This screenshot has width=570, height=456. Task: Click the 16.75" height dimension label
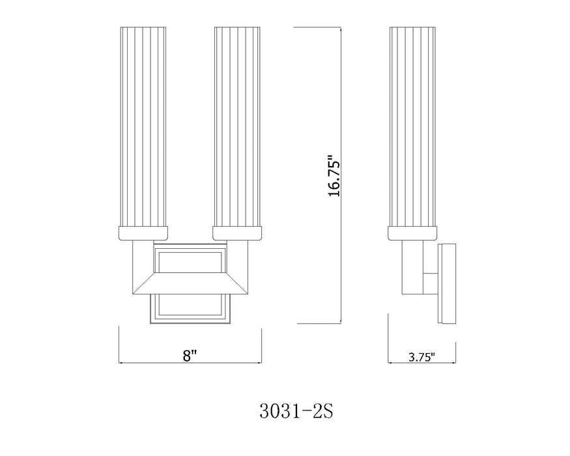point(333,175)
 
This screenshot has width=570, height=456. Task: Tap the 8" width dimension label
point(190,356)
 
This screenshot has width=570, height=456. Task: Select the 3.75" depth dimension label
point(421,356)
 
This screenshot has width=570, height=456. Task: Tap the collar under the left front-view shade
point(143,233)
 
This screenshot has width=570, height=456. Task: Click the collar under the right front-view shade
point(238,233)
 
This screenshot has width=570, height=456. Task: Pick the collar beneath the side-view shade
point(412,233)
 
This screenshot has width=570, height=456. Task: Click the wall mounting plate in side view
point(448,284)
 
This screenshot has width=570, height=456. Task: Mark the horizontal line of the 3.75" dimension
point(421,363)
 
